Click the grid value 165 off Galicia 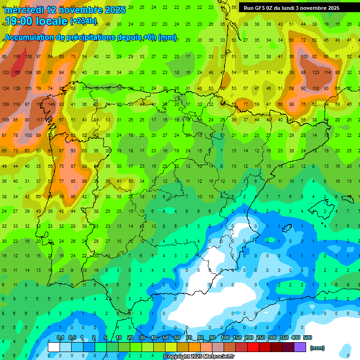coord(17,73)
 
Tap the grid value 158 coord(28,57)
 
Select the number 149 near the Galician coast coord(51,105)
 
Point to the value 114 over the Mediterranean coord(326,73)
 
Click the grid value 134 coord(28,73)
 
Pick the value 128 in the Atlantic coord(17,89)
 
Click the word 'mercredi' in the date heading coord(23,10)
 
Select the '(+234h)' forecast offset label coord(83,21)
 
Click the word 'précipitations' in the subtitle coord(90,37)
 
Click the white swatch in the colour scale coord(54,347)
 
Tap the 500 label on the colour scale coord(307,337)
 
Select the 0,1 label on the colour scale coord(60,337)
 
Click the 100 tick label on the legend coord(225,337)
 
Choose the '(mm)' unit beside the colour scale coord(317,348)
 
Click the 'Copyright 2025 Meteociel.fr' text coord(199,357)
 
